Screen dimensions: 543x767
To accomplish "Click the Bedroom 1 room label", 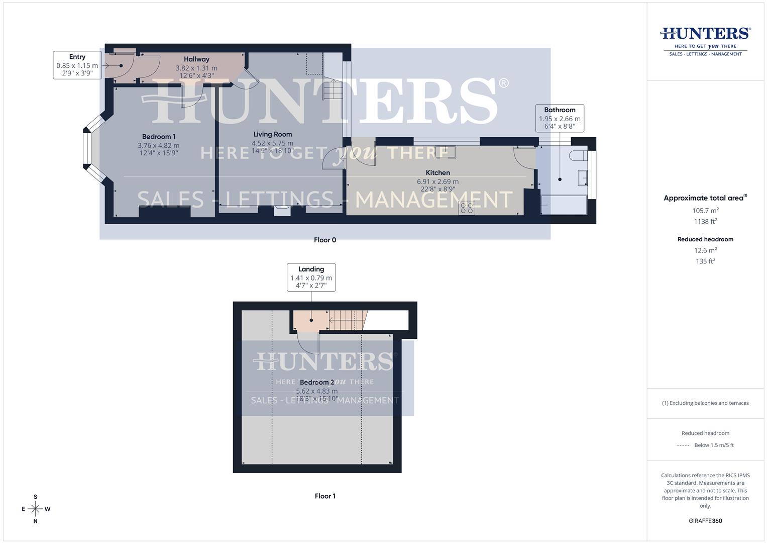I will [159, 137].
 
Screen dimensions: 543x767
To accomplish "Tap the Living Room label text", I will [272, 134].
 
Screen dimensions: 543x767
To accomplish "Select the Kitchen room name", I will [437, 172].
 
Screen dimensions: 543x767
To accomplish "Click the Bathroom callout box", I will [560, 118].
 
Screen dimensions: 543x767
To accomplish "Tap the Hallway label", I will [196, 59].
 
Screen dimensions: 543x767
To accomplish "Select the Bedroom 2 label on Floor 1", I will [316, 382].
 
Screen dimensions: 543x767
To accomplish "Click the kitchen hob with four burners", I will [467, 208].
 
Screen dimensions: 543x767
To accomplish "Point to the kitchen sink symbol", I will [445, 151].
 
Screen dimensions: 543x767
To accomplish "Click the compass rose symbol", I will [35, 509].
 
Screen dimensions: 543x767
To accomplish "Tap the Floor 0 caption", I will [325, 240].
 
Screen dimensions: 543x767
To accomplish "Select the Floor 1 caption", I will [325, 496].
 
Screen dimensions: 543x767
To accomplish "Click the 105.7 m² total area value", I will [705, 211].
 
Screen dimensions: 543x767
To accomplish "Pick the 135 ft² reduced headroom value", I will [705, 261].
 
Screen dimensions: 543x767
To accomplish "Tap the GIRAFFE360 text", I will [705, 521].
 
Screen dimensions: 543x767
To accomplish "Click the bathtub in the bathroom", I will [564, 205].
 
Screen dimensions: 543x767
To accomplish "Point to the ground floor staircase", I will [332, 90].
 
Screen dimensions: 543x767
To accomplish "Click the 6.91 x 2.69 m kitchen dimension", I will [437, 182].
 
